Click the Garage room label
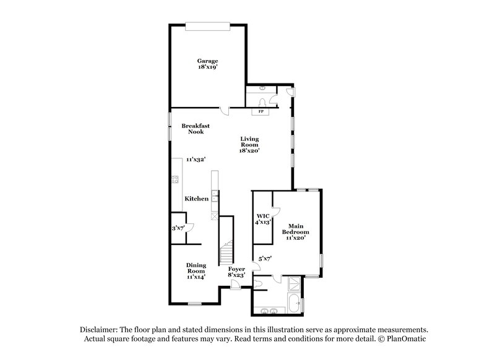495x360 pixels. (207, 61)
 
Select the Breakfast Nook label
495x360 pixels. (192, 129)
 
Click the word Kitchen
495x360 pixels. (196, 199)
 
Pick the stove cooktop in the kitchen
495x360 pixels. (174, 180)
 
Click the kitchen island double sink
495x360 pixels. (214, 197)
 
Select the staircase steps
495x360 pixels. (226, 252)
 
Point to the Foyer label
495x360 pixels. (236, 270)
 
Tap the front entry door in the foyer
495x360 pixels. (236, 284)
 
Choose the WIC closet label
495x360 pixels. (262, 216)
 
